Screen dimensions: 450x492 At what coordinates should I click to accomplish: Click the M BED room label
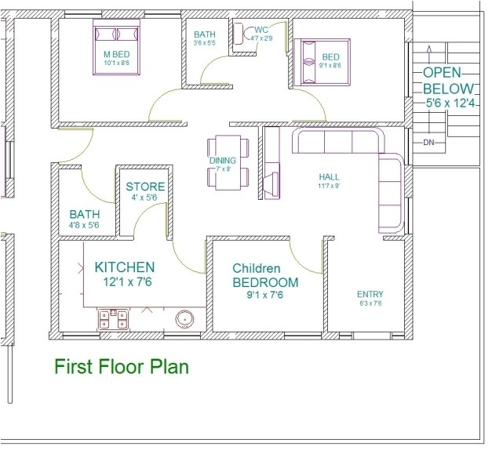(116, 54)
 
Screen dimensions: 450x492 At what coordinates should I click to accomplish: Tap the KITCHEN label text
(124, 267)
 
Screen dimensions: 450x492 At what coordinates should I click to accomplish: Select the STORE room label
(146, 187)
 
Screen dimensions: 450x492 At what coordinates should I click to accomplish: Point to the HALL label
(329, 177)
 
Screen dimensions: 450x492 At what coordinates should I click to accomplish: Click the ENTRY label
(370, 294)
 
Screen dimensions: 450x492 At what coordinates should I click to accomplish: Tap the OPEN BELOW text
(448, 80)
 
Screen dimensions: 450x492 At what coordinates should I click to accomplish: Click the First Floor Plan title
(121, 365)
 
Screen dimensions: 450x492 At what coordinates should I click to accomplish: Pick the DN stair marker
(428, 143)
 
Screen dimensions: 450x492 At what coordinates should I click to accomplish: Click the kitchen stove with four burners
(112, 318)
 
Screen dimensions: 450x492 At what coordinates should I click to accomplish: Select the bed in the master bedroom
(116, 49)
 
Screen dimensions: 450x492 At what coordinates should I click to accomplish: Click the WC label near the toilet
(261, 30)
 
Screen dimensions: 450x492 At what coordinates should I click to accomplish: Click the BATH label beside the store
(84, 213)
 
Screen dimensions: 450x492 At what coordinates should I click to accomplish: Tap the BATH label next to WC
(205, 34)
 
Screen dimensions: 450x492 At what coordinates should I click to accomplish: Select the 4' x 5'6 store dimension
(146, 199)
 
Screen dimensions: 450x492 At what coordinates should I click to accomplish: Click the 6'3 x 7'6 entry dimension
(370, 303)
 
